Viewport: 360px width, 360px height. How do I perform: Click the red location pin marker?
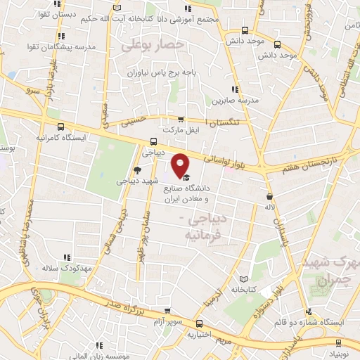(x=181, y=165)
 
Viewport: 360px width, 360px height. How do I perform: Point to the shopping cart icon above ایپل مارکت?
(x=181, y=120)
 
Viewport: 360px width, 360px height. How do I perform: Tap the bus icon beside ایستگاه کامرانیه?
(x=62, y=127)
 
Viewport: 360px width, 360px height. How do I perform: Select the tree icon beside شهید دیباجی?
(x=137, y=170)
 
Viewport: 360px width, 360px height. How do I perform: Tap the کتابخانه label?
(x=243, y=288)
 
